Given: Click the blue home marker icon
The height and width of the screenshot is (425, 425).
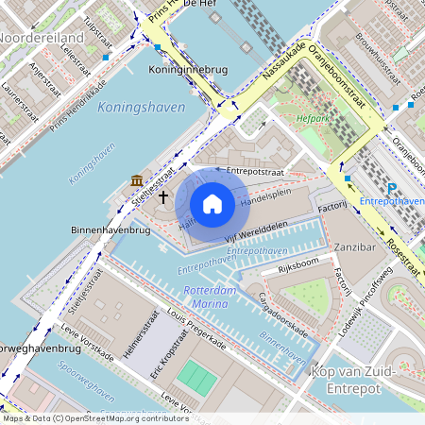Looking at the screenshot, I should [212, 202].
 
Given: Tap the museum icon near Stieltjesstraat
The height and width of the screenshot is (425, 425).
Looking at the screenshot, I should [138, 180].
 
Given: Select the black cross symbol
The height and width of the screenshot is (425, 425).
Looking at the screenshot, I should [163, 196].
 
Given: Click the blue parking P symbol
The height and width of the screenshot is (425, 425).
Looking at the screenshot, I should [392, 188].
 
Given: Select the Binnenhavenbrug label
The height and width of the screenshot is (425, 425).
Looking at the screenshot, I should [110, 229].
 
